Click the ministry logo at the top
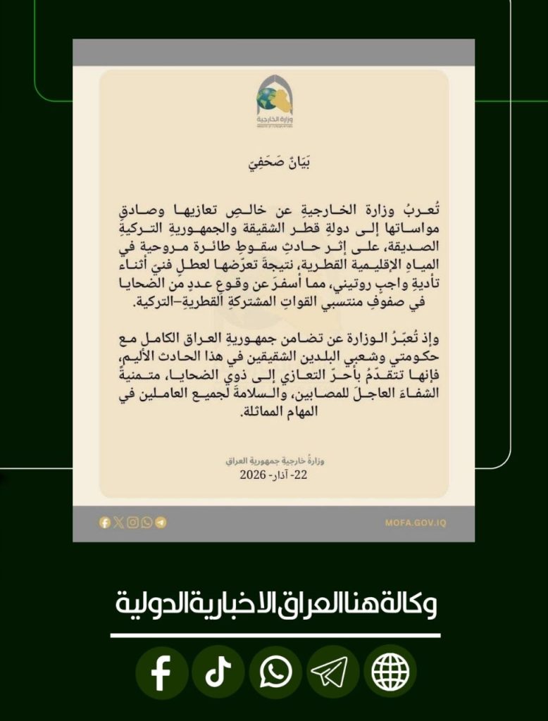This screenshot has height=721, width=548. [x=274, y=101]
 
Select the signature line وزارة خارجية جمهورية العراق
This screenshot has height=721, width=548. [x=274, y=461]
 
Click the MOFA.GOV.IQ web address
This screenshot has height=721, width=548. [x=416, y=522]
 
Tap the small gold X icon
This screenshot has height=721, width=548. [x=118, y=522]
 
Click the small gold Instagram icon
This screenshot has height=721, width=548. [x=132, y=522]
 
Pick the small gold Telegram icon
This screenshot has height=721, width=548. [x=161, y=522]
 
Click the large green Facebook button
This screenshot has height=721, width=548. [x=161, y=672]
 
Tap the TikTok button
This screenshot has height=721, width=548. [x=218, y=672]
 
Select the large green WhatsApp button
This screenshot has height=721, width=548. [x=275, y=672]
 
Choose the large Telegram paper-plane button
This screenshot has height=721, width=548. [x=332, y=672]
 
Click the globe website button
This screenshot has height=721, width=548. [x=390, y=672]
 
